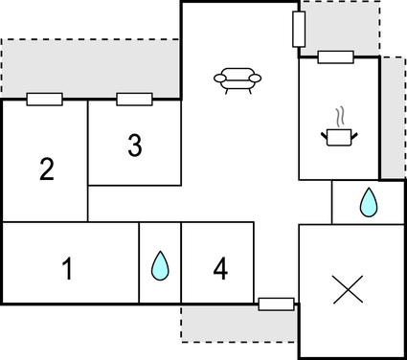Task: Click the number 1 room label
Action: [x=67, y=269]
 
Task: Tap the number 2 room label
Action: [x=46, y=169]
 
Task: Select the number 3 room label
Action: [x=135, y=146]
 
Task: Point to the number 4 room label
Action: [x=221, y=269]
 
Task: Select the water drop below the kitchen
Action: [x=368, y=201]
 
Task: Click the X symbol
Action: [x=346, y=289]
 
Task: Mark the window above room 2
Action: [x=44, y=99]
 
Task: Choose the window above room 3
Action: [x=134, y=99]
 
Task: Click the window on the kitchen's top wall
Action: [x=337, y=57]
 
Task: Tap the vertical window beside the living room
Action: [x=298, y=29]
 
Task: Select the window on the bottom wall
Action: [x=276, y=304]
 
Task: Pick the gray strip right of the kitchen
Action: [x=393, y=115]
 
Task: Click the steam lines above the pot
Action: [x=340, y=118]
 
